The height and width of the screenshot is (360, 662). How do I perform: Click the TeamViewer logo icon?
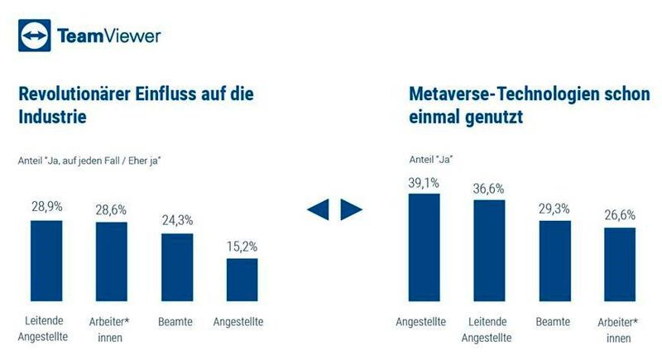coord(34,36)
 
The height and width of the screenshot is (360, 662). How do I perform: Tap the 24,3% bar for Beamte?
coord(176,266)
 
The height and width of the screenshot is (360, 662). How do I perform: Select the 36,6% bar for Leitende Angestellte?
coord(489,250)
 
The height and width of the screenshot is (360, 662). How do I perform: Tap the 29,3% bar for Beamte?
coord(554,260)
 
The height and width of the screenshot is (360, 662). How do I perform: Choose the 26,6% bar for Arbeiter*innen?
coord(619,263)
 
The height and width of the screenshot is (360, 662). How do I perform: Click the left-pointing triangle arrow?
coord(319,210)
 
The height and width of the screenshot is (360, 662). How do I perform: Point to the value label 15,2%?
coord(242,247)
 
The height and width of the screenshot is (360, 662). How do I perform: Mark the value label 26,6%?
coord(619,215)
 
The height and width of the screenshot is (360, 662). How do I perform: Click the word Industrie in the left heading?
coord(53,118)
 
